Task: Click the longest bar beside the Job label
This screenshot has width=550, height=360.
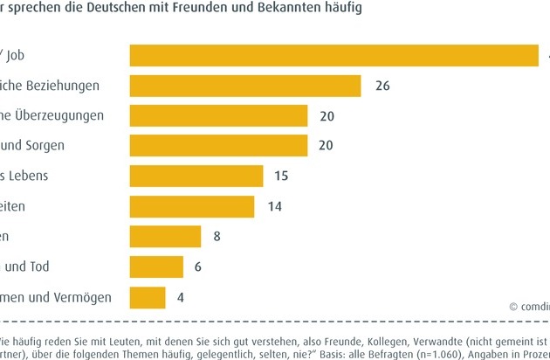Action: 333,55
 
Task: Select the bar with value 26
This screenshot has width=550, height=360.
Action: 245,86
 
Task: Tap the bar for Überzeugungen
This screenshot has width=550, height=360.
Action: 218,116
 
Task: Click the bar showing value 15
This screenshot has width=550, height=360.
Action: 196,177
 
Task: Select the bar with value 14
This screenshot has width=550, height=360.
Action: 192,206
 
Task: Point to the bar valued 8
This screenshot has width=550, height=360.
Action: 165,237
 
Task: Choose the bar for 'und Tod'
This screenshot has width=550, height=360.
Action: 156,267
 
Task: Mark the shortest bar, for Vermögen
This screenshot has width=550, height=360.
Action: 148,297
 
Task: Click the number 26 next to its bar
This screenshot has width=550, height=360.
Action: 382,87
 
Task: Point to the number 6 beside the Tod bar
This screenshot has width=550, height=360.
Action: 198,267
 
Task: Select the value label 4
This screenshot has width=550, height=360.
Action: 181,297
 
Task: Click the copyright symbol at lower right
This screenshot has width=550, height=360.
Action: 512,307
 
